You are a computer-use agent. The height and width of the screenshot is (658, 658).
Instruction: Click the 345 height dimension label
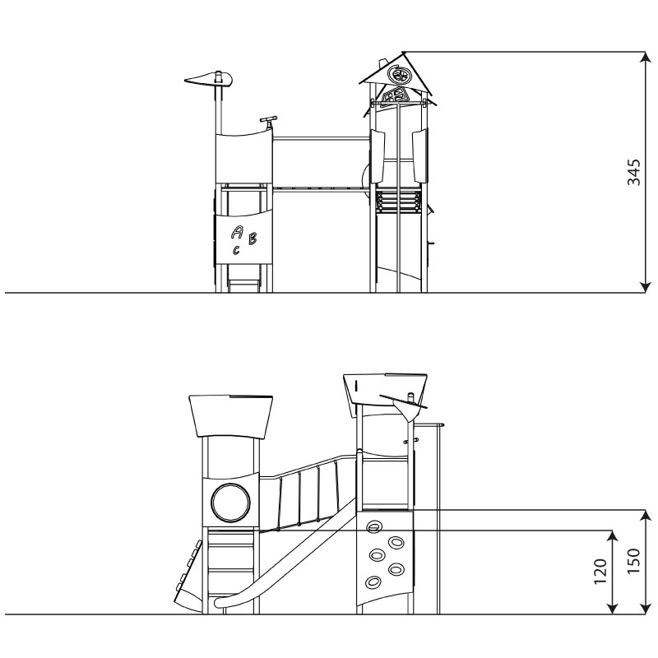point(633,172)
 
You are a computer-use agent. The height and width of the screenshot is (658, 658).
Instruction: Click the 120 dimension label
point(600,572)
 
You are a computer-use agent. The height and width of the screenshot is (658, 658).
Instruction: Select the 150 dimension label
point(633,562)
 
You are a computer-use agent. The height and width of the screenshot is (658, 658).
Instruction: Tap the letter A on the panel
point(238,232)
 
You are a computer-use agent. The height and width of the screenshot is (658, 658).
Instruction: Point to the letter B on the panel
point(253,239)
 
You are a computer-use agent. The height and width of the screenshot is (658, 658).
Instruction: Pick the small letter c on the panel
point(236,250)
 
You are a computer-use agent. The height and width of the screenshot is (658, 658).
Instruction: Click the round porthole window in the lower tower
point(231,503)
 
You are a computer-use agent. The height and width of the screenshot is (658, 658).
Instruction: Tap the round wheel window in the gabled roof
point(398,75)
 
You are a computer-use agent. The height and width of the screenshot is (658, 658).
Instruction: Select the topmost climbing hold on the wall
point(373,527)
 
